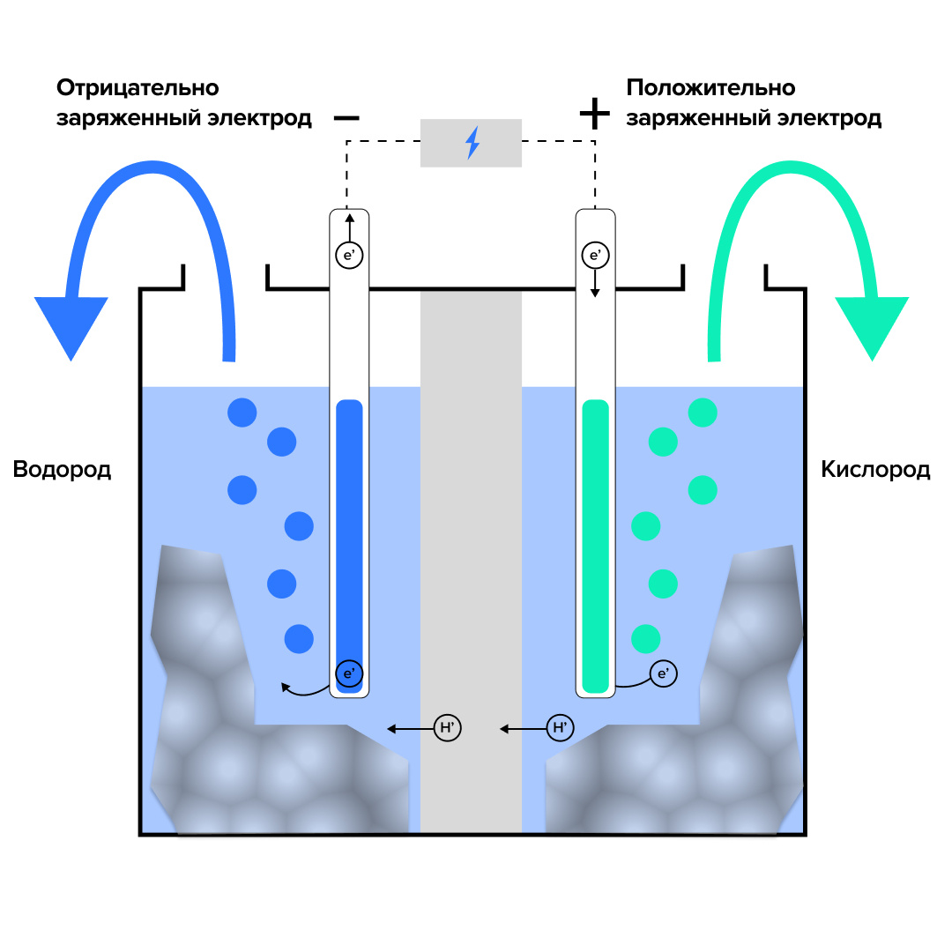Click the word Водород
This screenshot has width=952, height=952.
62,469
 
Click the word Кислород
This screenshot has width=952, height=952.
875,469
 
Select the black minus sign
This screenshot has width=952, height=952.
346,117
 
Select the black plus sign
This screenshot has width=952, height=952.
594,114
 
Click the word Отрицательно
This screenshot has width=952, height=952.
138,88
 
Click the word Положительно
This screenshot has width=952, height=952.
710,88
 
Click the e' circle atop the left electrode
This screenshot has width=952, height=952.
349,256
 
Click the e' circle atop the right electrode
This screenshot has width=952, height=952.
595,256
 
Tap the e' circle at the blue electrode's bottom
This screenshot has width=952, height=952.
349,674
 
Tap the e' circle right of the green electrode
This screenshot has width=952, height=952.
664,674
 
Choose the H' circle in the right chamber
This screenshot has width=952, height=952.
560,728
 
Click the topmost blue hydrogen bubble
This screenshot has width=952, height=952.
242,412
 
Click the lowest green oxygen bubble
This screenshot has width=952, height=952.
646,637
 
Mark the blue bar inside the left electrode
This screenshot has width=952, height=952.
349,529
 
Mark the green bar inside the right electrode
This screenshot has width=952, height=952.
596,529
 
